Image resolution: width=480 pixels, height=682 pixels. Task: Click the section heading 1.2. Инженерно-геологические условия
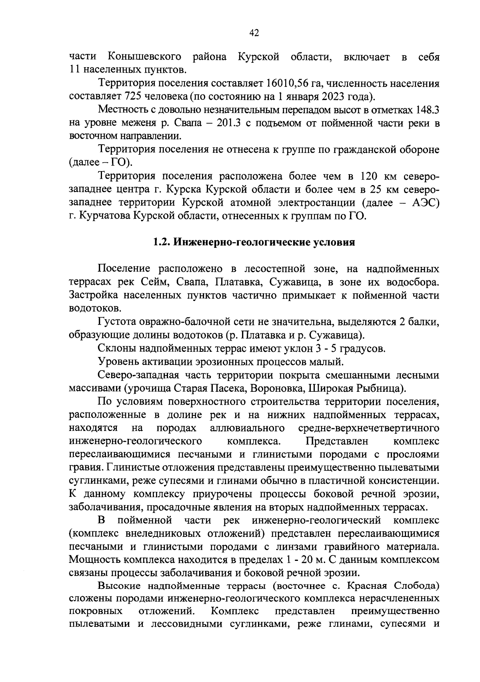254,243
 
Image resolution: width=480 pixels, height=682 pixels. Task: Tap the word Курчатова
106,216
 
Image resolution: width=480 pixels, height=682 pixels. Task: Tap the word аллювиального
247,428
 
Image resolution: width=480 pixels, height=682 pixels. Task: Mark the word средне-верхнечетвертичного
369,428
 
